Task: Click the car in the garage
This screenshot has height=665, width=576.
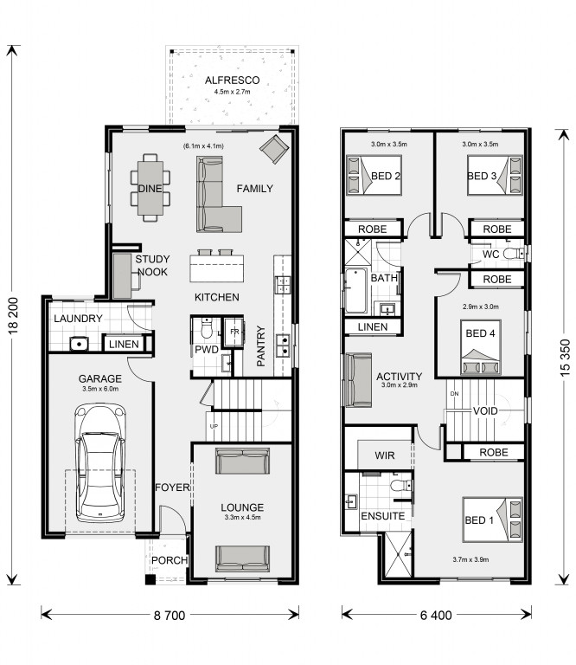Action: (100, 463)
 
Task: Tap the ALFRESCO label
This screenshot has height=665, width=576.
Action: (232, 81)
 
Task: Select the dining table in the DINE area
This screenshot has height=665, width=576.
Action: (150, 188)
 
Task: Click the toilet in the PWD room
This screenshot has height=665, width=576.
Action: (206, 328)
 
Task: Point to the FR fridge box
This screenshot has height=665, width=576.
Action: (234, 332)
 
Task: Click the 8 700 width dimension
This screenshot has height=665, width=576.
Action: (170, 615)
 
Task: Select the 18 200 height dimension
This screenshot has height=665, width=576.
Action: (14, 315)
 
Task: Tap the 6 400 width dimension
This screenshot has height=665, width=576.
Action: (436, 615)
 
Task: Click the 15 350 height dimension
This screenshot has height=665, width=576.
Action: (565, 358)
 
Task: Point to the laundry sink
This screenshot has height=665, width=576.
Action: (79, 344)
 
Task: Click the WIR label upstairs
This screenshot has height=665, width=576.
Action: (385, 455)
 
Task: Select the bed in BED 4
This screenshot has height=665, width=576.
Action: (481, 348)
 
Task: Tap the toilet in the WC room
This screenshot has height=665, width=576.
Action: (515, 254)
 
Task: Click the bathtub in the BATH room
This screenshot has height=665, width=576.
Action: (355, 291)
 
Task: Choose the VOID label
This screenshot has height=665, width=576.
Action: (485, 411)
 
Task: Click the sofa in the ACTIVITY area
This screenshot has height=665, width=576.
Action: (359, 380)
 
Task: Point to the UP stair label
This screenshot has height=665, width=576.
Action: (214, 426)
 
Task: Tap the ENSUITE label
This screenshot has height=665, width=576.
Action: (382, 516)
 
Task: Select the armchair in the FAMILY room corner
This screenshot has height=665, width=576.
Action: (274, 149)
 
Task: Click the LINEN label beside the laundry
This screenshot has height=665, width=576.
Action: (124, 344)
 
